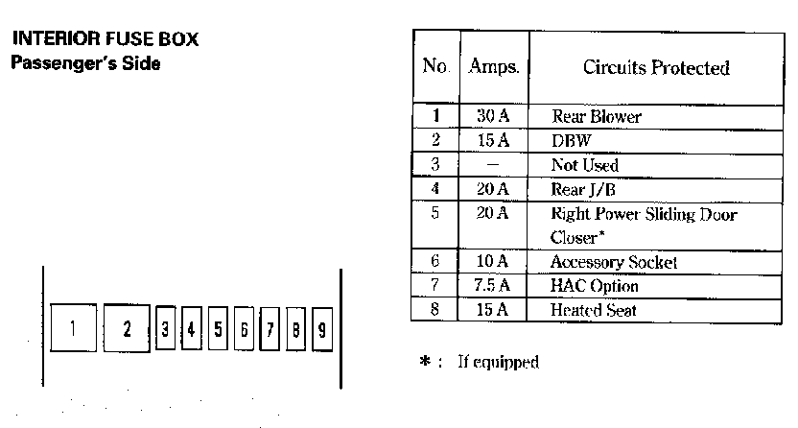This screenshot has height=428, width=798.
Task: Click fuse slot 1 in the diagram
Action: point(73,328)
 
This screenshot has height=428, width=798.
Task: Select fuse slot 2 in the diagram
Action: point(127,328)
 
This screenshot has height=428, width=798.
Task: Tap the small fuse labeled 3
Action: point(165,329)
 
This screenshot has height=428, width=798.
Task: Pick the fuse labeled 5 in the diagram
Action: point(218,329)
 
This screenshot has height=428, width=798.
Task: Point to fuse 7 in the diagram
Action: point(270,329)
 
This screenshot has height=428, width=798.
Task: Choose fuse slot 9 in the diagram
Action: point(322,330)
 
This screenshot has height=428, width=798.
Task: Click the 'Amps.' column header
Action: point(494,66)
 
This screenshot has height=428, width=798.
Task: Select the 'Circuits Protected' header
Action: point(656,67)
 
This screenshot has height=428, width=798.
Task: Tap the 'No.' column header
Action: point(436,65)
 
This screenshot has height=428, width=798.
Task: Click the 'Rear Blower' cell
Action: point(597,116)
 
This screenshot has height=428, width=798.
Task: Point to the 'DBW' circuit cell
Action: point(572,140)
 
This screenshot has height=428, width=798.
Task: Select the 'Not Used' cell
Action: point(585,165)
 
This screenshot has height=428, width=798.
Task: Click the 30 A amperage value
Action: point(493,116)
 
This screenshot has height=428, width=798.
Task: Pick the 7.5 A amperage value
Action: point(492,285)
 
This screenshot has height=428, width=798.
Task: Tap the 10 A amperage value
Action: point(492,261)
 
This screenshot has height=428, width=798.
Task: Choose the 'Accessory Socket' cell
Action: point(614,262)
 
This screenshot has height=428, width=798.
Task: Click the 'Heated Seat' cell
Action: point(594,310)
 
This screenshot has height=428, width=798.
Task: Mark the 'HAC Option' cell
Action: point(595,286)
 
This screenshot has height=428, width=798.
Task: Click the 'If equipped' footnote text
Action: point(498,362)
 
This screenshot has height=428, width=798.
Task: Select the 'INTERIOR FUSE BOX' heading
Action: point(106,38)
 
